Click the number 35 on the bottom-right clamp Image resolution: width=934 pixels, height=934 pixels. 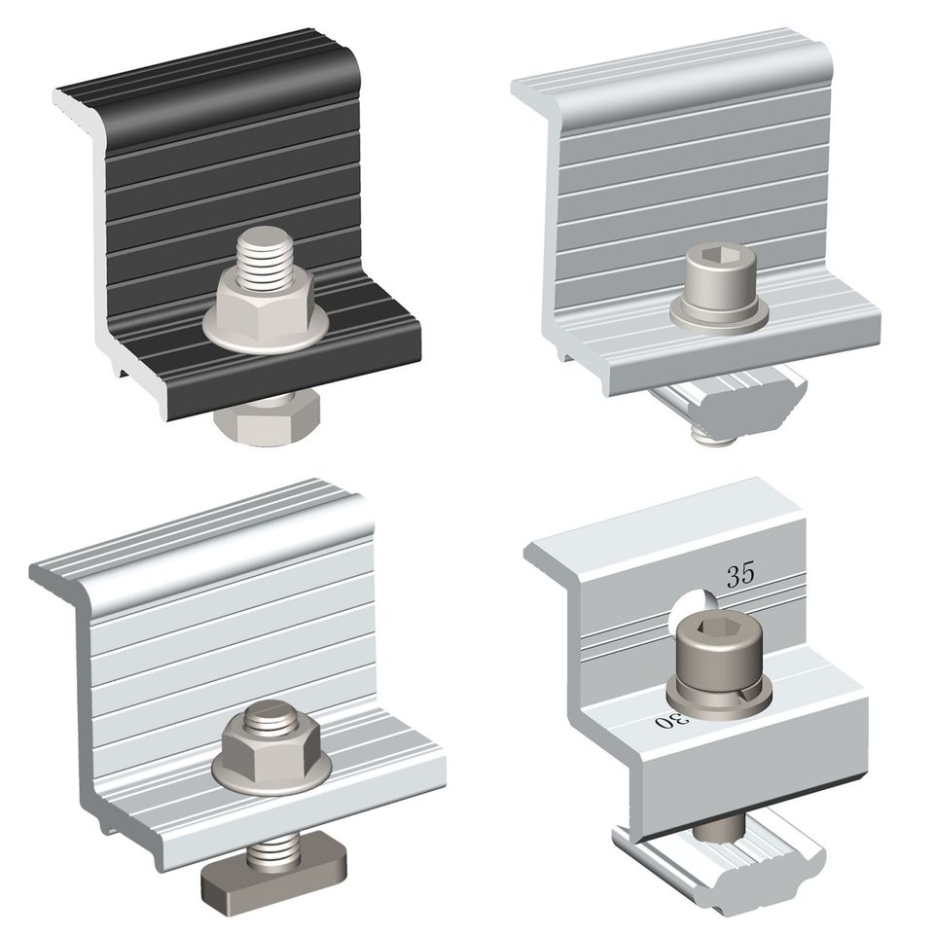coord(740,574)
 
